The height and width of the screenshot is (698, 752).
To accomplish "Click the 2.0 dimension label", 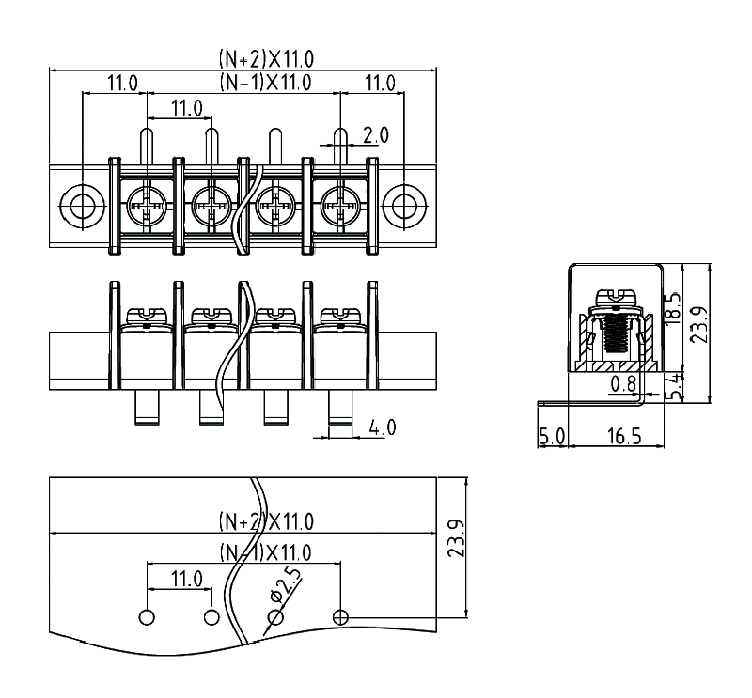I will click(x=375, y=135).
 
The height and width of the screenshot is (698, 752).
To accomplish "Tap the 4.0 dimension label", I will click(x=382, y=427).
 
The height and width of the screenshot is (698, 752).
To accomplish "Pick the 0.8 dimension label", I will click(x=621, y=383).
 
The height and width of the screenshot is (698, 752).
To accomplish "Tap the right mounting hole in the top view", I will click(x=404, y=204).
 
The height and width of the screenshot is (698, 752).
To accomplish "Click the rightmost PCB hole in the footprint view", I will click(x=341, y=616).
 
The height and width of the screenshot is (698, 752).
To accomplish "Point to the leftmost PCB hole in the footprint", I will click(x=147, y=616).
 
